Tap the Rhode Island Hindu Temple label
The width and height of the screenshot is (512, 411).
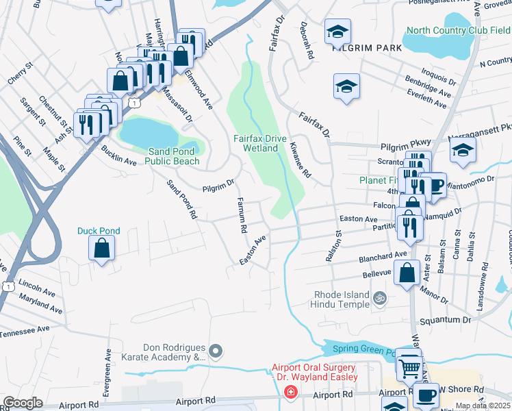point(341,299)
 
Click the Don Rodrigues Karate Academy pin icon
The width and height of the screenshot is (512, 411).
point(216,352)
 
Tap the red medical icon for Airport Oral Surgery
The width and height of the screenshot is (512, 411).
point(290,392)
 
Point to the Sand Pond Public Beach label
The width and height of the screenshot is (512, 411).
point(175,156)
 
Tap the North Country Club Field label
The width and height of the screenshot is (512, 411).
point(458,31)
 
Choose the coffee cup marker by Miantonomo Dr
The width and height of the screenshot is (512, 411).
point(433,185)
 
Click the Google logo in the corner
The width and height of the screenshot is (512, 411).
point(23,403)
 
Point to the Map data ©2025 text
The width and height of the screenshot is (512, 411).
point(482,406)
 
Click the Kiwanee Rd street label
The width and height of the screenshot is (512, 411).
point(300,162)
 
